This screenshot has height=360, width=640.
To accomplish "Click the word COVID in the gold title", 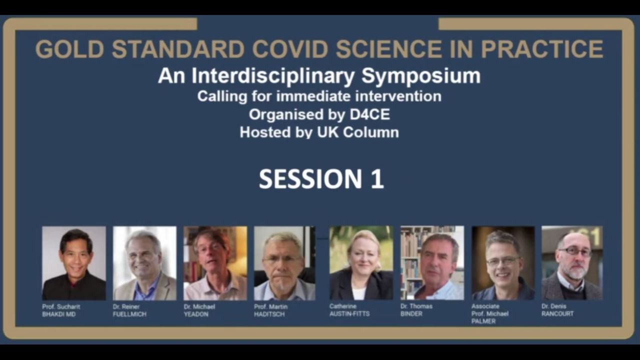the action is pyautogui.click(x=289, y=49).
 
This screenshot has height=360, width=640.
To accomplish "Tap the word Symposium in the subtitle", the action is pyautogui.click(x=421, y=76).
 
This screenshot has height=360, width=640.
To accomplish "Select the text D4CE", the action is pyautogui.click(x=369, y=114).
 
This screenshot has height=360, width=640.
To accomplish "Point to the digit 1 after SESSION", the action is pyautogui.click(x=377, y=179).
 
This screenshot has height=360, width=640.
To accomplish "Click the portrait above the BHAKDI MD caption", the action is pyautogui.click(x=74, y=263).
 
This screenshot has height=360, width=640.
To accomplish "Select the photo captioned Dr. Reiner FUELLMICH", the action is pyautogui.click(x=144, y=263).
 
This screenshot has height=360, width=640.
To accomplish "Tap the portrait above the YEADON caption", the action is pyautogui.click(x=215, y=263).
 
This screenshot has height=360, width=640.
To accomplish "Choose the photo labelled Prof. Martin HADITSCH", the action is pyautogui.click(x=285, y=263).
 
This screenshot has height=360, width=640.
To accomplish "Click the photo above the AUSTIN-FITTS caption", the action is pyautogui.click(x=361, y=263).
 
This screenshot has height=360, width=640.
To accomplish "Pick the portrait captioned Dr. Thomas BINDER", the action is pyautogui.click(x=432, y=263).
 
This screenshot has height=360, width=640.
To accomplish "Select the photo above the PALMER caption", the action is pyautogui.click(x=503, y=263).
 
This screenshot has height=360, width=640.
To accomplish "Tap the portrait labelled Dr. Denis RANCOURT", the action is pyautogui.click(x=572, y=263).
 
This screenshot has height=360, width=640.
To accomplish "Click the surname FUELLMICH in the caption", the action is pyautogui.click(x=129, y=314).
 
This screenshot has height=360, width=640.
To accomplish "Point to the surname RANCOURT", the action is pyautogui.click(x=557, y=313).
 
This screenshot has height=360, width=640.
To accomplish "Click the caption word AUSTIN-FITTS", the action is pyautogui.click(x=349, y=313).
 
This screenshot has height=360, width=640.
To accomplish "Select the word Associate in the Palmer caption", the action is pyautogui.click(x=485, y=306).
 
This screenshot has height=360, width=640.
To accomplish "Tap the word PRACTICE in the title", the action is pyautogui.click(x=542, y=49).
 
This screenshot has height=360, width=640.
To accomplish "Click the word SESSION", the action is pyautogui.click(x=310, y=179).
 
